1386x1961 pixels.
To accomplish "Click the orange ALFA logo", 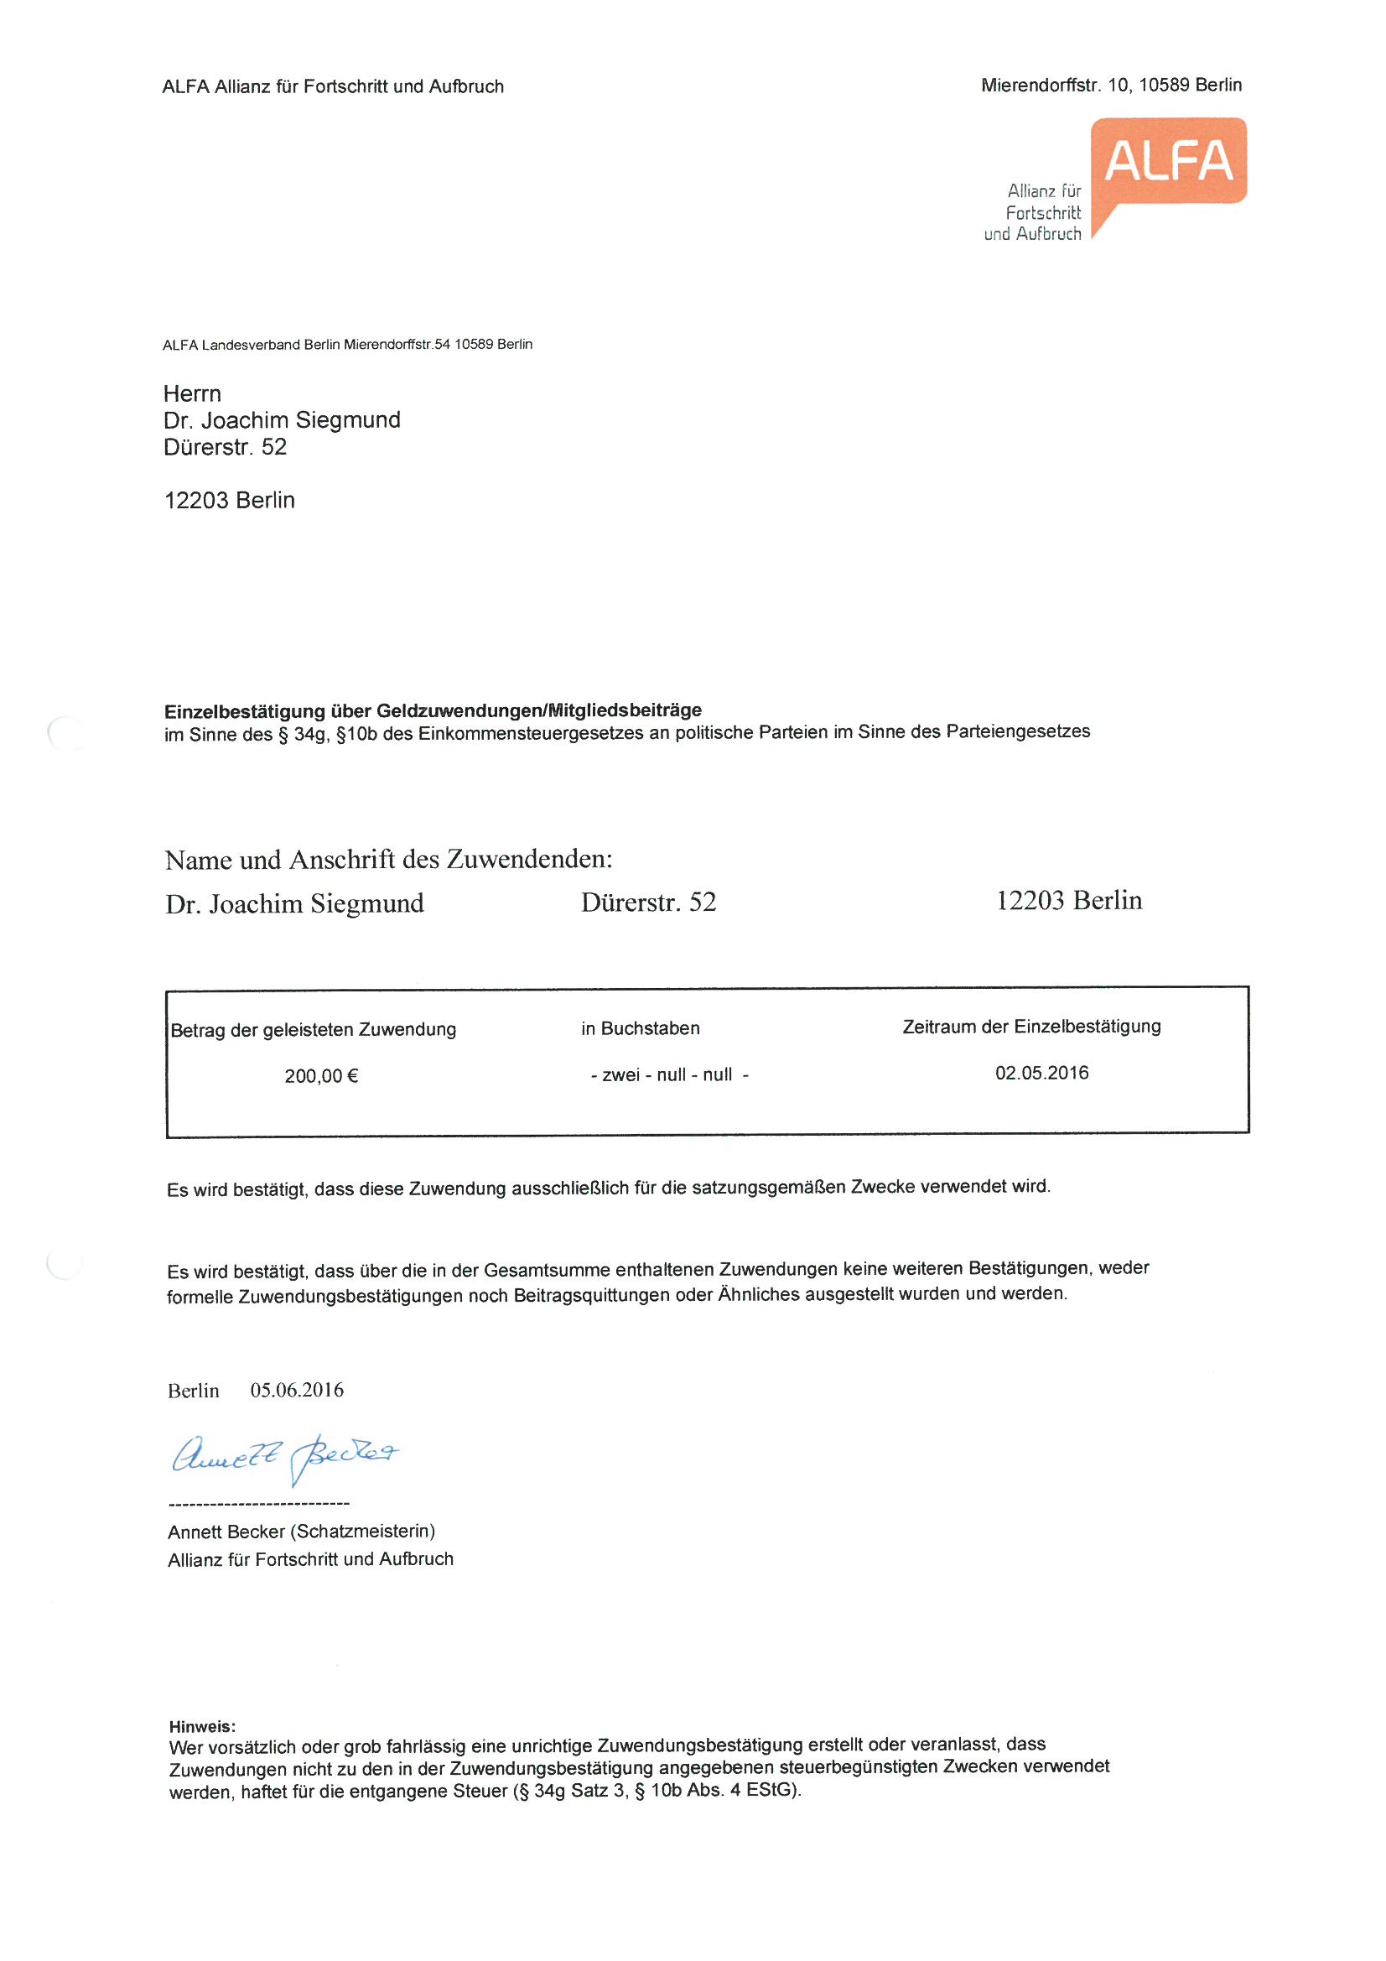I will coord(1167,162).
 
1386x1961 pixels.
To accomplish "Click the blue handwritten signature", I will coord(284,1456).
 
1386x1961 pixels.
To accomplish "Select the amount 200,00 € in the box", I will coord(321,1076).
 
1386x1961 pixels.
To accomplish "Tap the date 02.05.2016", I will coord(1041,1073).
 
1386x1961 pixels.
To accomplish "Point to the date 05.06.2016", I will coord(296,1391).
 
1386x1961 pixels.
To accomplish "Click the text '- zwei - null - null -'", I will coord(669,1075).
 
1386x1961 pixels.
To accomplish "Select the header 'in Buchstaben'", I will coord(641,1028).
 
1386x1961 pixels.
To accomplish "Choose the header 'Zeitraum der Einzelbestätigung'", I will coord(1030,1027).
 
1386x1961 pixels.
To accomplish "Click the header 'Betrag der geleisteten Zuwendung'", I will coord(314,1030).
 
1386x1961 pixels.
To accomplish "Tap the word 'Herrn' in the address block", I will coord(192,393).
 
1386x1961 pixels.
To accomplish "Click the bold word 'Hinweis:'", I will coord(202,1727).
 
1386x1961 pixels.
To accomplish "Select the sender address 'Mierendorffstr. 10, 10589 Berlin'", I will coord(1110,86).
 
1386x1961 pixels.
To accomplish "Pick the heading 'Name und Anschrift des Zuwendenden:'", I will coord(388,859).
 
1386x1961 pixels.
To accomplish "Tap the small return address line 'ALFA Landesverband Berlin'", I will coord(252,345).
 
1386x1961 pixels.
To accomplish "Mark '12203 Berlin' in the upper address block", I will coord(229,501).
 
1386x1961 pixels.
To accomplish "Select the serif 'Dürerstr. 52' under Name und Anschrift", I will coord(648,902).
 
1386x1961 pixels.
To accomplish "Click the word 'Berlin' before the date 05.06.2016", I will coord(193,1391).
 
